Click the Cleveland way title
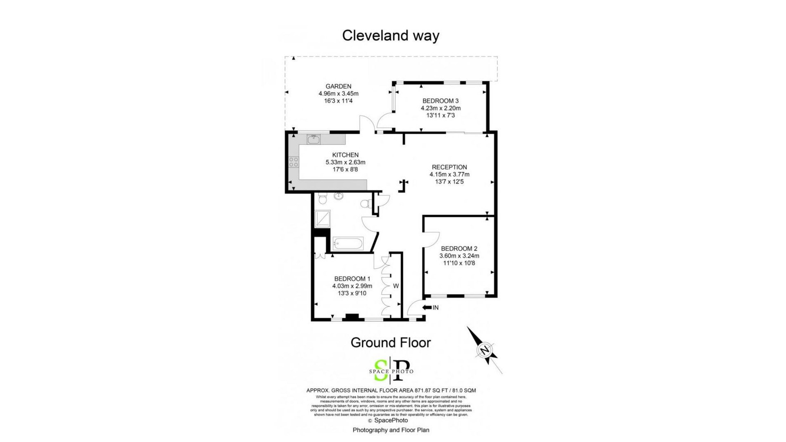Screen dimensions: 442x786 [391, 36]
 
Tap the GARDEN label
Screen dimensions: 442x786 [338, 86]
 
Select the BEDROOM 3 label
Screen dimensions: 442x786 [440, 101]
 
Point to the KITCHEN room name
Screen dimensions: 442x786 [345, 155]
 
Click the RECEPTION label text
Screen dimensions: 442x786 [449, 167]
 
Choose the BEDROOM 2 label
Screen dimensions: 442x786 [459, 248]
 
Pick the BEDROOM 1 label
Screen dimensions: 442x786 [352, 279]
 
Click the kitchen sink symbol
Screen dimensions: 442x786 [314, 139]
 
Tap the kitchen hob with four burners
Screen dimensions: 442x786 [294, 162]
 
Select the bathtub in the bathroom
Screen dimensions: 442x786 [348, 244]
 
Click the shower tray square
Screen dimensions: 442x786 [323, 219]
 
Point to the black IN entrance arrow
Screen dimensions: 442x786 [427, 307]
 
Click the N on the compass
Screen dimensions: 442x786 [485, 350]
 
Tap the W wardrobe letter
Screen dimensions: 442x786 [396, 286]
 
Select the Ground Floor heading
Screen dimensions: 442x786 [391, 343]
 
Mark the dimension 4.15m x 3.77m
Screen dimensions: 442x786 [449, 174]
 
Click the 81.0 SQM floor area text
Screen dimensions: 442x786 [464, 390]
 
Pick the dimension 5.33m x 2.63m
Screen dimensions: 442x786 [345, 162]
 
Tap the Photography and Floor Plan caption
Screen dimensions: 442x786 [391, 430]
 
